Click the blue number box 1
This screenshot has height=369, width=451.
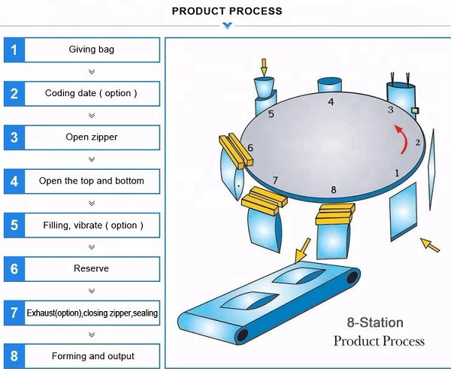click(x=14, y=50)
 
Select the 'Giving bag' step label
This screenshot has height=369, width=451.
click(x=92, y=50)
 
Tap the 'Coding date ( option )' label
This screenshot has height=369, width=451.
click(x=92, y=94)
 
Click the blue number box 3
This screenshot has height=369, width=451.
click(x=14, y=138)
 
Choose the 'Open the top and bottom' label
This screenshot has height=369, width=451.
click(x=92, y=181)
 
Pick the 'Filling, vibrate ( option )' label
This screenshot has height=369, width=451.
click(x=92, y=225)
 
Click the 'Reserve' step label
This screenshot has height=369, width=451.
click(x=92, y=268)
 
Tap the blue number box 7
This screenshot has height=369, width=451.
click(x=14, y=312)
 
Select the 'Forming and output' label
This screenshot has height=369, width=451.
click(x=92, y=355)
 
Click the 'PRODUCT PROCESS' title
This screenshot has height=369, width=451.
click(x=227, y=11)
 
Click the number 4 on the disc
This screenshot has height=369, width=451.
click(x=331, y=101)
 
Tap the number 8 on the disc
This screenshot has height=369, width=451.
click(x=334, y=190)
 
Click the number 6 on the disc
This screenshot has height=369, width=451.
click(x=250, y=148)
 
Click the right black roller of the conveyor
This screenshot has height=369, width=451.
click(x=350, y=280)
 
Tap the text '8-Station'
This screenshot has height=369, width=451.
click(x=374, y=323)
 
